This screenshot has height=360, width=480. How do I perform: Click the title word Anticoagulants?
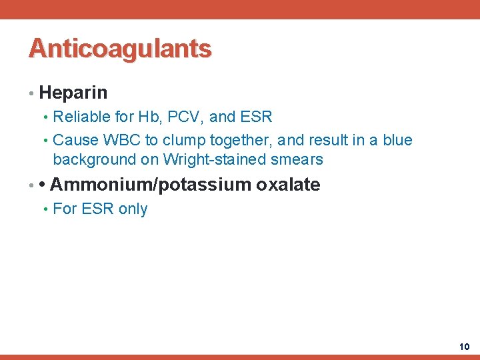coord(120,49)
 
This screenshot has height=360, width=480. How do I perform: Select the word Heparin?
coord(73,92)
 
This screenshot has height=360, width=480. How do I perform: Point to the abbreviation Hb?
coord(147,117)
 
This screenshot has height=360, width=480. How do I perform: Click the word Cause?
coord(74,140)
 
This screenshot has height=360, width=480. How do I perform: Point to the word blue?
coord(397,140)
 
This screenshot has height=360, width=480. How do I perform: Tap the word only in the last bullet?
coord(133,209)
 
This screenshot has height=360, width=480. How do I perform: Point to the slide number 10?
coord(465,347)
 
